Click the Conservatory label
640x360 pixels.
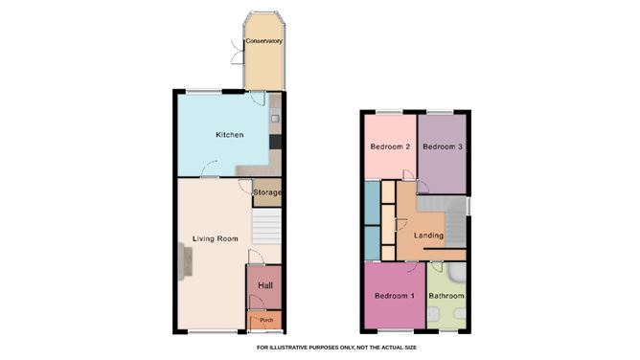coord(263,41)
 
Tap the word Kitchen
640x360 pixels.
coord(229,135)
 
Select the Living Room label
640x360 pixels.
coord(216,239)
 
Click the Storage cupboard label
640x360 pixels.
coord(267,192)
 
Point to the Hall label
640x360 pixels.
coord(265,286)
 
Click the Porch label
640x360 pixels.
coord(266,320)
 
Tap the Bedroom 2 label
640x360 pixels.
coord(390,146)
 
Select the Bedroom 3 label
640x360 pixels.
coord(443,146)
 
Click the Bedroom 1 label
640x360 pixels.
coord(395,296)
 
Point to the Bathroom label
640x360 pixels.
coord(446,296)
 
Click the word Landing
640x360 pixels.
coord(428,236)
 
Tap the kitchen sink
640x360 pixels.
coord(275,117)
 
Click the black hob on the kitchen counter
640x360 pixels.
coord(276,142)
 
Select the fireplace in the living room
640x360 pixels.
coord(185,261)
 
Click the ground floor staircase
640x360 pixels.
coord(266,227)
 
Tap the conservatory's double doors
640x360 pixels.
coord(237,53)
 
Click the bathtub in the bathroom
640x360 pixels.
coord(456,272)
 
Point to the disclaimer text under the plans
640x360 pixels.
coord(336,348)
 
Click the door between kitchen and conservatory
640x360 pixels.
coord(258,99)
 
